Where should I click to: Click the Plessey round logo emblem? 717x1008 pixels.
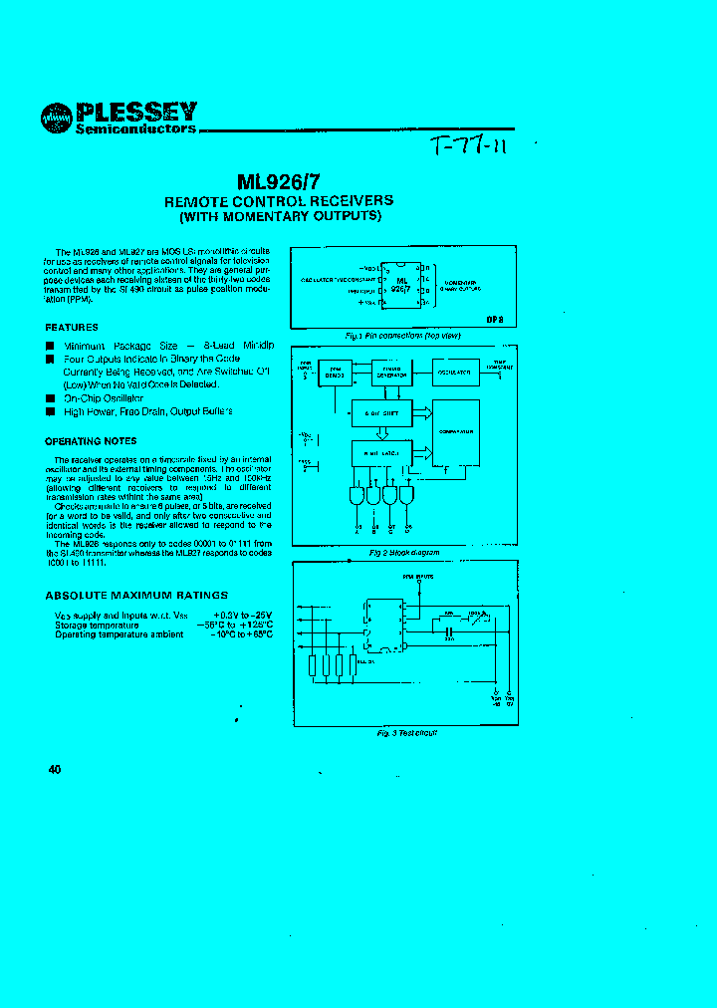56,118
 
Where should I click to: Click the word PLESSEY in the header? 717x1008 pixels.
137,111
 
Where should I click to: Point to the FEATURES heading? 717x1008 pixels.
72,327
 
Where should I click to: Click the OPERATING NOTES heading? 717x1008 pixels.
91,440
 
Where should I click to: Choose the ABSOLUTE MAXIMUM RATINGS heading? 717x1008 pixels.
136,595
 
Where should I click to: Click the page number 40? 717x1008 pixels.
54,769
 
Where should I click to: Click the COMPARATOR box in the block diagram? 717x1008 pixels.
455,433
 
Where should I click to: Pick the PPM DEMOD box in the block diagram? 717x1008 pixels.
335,373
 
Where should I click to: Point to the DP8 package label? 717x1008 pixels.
495,319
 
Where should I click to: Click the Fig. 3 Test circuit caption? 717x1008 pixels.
406,732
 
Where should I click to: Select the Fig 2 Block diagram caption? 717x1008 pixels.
403,552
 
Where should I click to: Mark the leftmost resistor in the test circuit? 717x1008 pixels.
315,665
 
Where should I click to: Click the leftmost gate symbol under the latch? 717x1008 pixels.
358,495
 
